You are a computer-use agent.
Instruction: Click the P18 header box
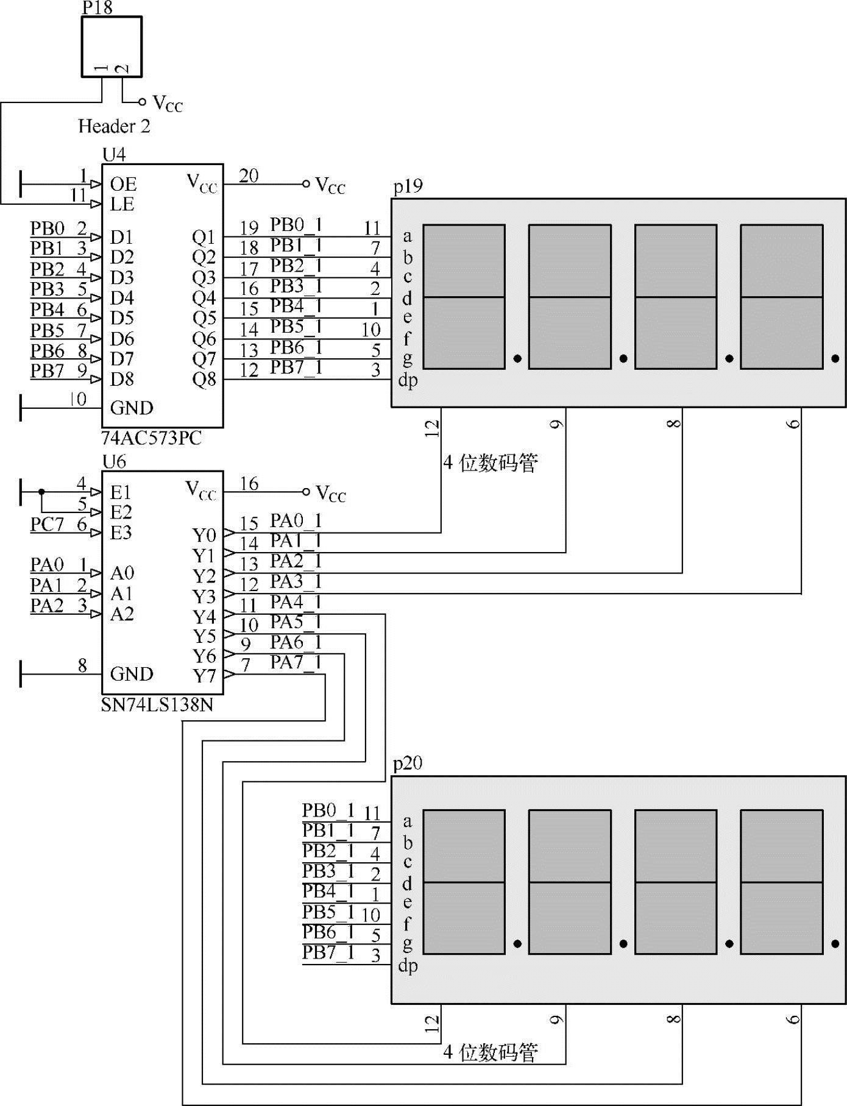click(x=112, y=46)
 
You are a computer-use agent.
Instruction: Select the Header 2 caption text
click(x=114, y=126)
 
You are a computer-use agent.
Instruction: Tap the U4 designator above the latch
click(x=114, y=155)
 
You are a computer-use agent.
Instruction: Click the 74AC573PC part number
click(x=152, y=438)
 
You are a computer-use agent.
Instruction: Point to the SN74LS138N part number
click(x=157, y=705)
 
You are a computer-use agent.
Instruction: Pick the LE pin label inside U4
click(x=122, y=204)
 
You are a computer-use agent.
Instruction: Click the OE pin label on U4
click(x=123, y=184)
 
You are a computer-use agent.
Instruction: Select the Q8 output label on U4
click(x=204, y=380)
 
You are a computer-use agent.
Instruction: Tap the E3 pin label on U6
click(x=121, y=533)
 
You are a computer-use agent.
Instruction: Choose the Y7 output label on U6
click(x=204, y=676)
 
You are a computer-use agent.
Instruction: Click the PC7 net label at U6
click(x=47, y=524)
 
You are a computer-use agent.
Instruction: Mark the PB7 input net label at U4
click(x=47, y=370)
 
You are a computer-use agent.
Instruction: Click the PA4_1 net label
click(x=296, y=602)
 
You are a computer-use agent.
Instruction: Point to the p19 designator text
click(x=408, y=186)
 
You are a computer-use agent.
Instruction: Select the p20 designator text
click(x=408, y=764)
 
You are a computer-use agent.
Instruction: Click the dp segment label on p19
click(x=408, y=380)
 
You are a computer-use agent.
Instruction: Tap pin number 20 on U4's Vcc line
click(x=249, y=176)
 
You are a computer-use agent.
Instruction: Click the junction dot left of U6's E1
click(x=41, y=492)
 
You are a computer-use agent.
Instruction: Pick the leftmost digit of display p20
click(x=464, y=882)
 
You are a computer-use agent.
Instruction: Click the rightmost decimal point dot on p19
click(x=835, y=359)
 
